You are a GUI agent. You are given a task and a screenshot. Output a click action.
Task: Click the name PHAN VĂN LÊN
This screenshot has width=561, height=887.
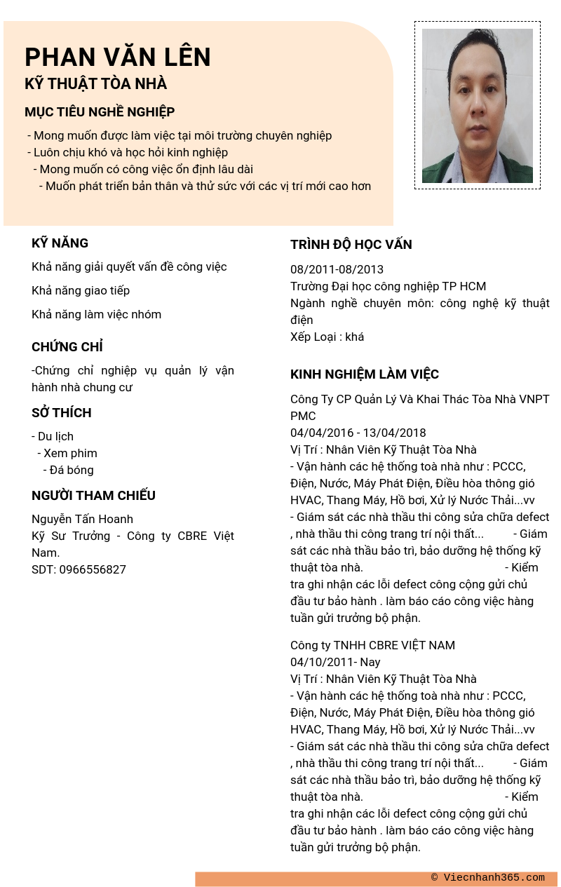pyautogui.click(x=117, y=57)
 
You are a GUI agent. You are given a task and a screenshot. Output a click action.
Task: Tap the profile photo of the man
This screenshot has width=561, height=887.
pyautogui.click(x=477, y=105)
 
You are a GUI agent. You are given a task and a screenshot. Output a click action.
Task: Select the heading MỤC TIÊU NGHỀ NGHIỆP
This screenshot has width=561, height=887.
pyautogui.click(x=100, y=112)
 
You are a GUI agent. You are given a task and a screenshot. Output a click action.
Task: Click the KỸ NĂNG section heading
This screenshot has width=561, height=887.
pyautogui.click(x=60, y=243)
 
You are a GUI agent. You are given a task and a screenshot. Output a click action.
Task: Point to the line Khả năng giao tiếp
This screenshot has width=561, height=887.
pyautogui.click(x=81, y=290)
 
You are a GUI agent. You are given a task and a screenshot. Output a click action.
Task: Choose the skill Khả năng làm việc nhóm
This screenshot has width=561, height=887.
pyautogui.click(x=96, y=314)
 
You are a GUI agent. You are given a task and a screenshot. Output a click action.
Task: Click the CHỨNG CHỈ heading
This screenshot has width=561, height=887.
pyautogui.click(x=67, y=347)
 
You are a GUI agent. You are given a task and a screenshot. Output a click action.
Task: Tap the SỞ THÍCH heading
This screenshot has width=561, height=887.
pyautogui.click(x=62, y=413)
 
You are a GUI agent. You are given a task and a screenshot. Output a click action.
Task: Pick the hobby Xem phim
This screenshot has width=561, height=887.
pyautogui.click(x=69, y=453)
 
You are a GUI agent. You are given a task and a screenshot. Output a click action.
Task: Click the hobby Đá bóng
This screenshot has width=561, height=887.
pyautogui.click(x=71, y=470)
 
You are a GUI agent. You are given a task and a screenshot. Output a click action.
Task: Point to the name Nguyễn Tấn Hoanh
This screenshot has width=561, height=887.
pyautogui.click(x=82, y=519)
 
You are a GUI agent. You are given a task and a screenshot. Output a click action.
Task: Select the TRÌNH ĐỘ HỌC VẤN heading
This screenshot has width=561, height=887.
pyautogui.click(x=351, y=245)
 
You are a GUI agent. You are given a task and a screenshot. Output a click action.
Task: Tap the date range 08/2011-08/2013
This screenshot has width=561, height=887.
pyautogui.click(x=337, y=269)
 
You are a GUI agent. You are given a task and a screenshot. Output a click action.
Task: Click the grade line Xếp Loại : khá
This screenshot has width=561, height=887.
pyautogui.click(x=327, y=337)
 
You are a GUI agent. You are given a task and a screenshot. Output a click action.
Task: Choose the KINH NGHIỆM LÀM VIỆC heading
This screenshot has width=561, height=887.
pyautogui.click(x=364, y=374)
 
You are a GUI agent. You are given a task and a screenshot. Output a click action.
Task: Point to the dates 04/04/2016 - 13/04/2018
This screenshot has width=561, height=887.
pyautogui.click(x=358, y=433)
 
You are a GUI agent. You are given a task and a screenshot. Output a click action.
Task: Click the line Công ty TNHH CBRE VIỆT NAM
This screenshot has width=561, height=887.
pyautogui.click(x=372, y=645)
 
